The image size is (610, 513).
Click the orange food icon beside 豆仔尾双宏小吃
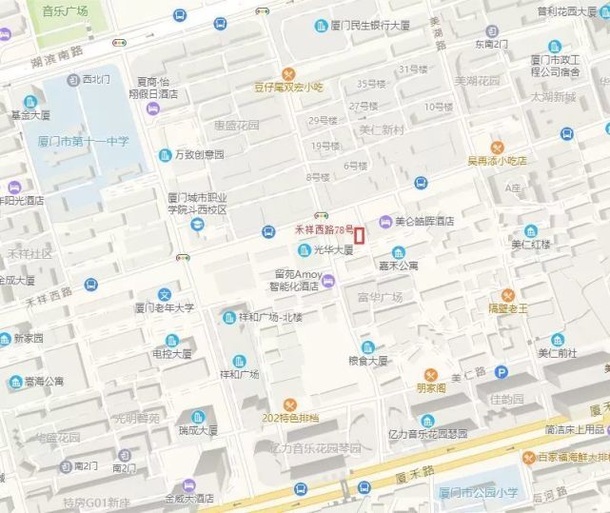click(289, 74)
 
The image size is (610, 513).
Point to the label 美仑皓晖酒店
click(424, 221)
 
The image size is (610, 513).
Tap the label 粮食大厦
click(368, 361)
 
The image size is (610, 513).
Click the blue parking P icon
click(501, 371)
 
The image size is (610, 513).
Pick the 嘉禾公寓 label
click(398, 266)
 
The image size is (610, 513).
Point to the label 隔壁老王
click(507, 308)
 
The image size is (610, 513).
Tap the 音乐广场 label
click(65, 11)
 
